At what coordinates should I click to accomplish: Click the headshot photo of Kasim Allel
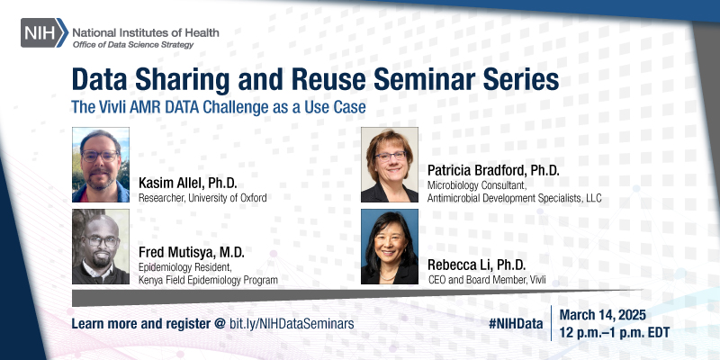101,165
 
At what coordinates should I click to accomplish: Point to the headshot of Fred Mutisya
101,247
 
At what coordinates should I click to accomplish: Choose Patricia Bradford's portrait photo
390,165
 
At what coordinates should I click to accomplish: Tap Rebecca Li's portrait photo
390,247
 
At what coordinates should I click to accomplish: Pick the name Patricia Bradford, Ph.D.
492,169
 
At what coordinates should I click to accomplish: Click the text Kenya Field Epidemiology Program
208,280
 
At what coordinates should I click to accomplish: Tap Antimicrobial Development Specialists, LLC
515,198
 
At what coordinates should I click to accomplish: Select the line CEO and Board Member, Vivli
487,280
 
